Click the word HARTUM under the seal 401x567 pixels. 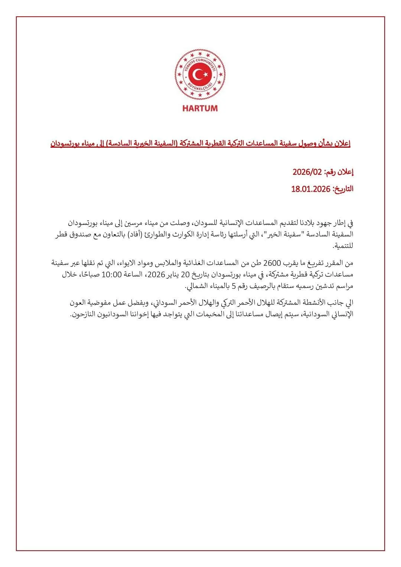200,108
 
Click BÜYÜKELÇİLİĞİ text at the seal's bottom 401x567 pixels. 200,89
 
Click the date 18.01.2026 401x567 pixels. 311,189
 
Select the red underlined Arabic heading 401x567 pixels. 200,143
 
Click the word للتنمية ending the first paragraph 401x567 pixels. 343,246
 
